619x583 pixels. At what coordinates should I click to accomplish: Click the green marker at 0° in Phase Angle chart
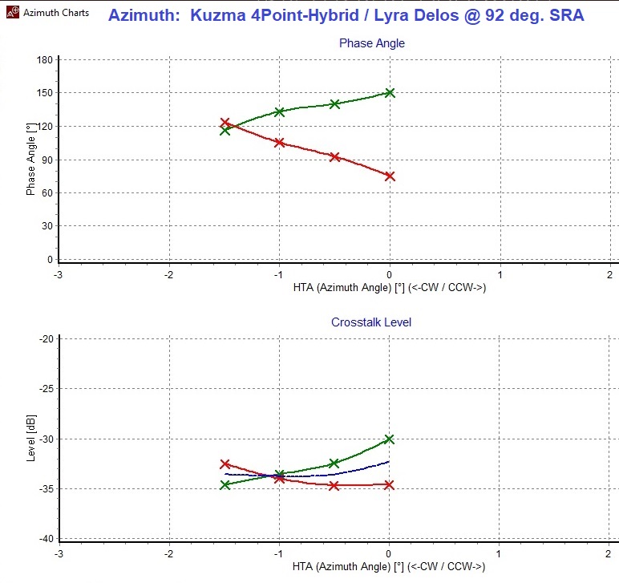click(390, 92)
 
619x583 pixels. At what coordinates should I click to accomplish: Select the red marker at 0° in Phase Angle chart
click(390, 176)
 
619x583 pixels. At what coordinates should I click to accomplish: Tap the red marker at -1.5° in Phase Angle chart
click(225, 123)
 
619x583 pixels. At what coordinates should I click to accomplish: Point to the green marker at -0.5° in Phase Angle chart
click(335, 103)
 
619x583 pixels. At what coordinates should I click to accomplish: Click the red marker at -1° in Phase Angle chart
click(280, 142)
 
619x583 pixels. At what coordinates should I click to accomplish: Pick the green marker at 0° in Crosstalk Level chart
click(390, 439)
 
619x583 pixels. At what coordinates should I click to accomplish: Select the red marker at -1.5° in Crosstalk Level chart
click(225, 464)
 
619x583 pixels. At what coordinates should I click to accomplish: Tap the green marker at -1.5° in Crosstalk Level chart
click(225, 484)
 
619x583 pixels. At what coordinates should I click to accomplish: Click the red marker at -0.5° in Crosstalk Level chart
click(334, 485)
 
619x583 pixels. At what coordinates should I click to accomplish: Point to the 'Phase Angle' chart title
click(371, 43)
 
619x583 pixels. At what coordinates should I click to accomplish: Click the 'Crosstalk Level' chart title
click(371, 322)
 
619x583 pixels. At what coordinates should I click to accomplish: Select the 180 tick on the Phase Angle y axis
click(44, 60)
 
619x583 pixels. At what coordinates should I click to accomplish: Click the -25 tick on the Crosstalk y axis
click(46, 389)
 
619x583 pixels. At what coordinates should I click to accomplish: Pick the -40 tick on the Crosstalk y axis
click(46, 538)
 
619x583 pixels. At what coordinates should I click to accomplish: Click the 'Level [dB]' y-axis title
click(31, 439)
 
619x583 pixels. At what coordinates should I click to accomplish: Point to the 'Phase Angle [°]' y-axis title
click(31, 159)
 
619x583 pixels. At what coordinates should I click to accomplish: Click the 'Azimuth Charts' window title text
click(56, 13)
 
